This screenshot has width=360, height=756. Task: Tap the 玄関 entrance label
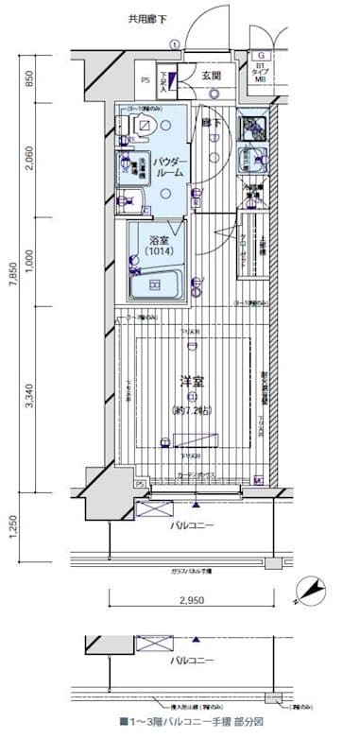[x=210, y=77]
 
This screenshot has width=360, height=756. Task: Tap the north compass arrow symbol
[x=308, y=591]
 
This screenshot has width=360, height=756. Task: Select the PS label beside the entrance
[x=145, y=81]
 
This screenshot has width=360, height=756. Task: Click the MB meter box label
[x=260, y=80]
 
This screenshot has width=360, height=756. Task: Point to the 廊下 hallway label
[x=211, y=123]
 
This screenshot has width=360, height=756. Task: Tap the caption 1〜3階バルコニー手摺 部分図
[x=192, y=721]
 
